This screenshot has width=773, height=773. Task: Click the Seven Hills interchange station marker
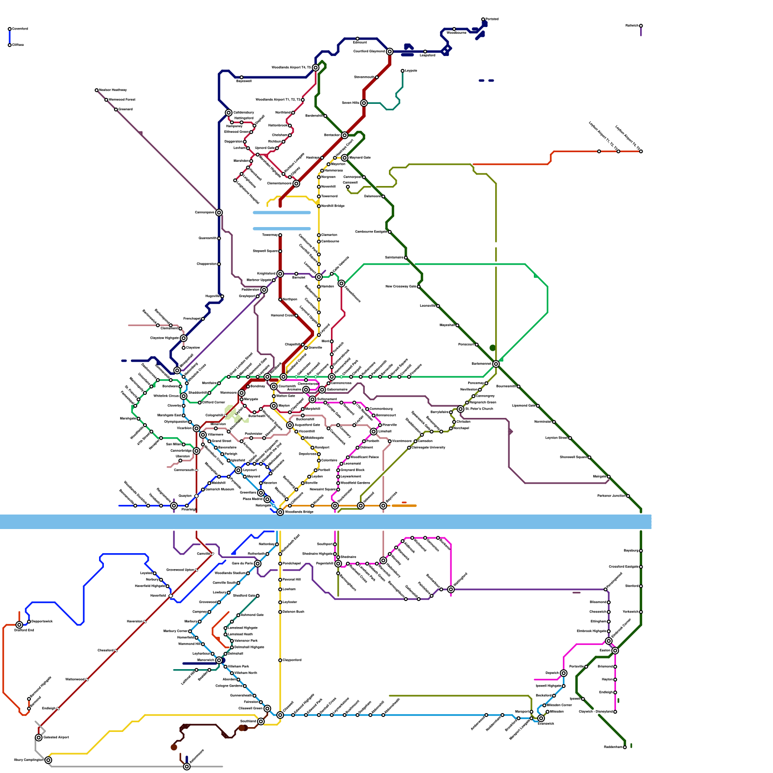click(x=364, y=103)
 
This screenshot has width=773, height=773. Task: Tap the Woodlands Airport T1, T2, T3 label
click(x=278, y=100)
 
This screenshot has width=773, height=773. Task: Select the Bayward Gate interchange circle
click(x=344, y=157)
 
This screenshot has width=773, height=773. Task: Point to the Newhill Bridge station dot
click(x=319, y=206)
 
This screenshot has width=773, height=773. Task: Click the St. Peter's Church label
click(x=479, y=409)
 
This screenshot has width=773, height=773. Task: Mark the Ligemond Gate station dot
click(x=538, y=406)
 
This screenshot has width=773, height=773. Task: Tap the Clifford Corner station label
click(x=213, y=402)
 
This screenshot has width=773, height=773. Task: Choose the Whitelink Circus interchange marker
click(x=184, y=396)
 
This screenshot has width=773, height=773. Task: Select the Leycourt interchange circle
click(x=238, y=470)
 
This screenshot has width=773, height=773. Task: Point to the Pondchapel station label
click(x=292, y=564)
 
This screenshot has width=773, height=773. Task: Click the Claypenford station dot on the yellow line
click(x=280, y=660)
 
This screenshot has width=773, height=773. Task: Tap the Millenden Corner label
click(x=559, y=705)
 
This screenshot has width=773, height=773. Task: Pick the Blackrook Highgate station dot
click(x=609, y=631)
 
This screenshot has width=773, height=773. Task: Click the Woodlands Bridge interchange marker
click(x=280, y=512)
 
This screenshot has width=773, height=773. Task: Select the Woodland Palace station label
click(x=364, y=457)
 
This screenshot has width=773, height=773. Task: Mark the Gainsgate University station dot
click(x=409, y=448)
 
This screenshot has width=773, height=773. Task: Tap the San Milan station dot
click(x=184, y=444)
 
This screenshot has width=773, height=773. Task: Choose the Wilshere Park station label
click(x=238, y=666)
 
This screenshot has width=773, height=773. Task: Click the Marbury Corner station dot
click(x=190, y=631)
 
